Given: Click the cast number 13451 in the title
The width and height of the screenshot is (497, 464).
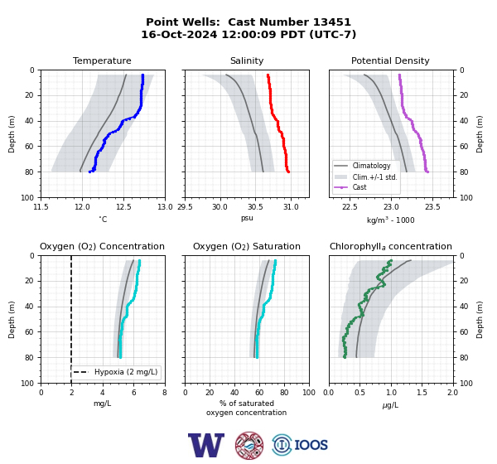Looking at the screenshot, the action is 332,22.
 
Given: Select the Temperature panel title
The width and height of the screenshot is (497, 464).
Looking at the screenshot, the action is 102,60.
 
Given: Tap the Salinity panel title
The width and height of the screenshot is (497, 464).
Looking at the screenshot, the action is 247,60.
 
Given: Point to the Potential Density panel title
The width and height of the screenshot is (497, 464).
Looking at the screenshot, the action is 390,60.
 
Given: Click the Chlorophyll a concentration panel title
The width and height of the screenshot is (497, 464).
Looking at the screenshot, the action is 391,246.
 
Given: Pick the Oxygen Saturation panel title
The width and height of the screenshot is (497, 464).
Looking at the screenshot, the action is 247,246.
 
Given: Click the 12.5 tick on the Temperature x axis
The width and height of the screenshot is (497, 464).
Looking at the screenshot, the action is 123,207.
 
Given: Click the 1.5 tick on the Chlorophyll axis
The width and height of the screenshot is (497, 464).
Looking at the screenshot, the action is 422,393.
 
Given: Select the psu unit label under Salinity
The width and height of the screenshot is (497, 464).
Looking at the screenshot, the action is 247,218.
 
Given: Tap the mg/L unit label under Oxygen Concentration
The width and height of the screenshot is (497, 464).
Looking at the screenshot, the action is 102,404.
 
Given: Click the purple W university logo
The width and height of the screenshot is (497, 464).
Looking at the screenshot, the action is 206,445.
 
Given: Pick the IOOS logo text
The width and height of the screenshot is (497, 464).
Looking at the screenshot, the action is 311,445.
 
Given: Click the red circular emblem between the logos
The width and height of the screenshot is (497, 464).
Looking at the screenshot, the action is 249,445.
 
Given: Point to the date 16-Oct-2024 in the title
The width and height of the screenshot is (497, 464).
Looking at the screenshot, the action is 179,34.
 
